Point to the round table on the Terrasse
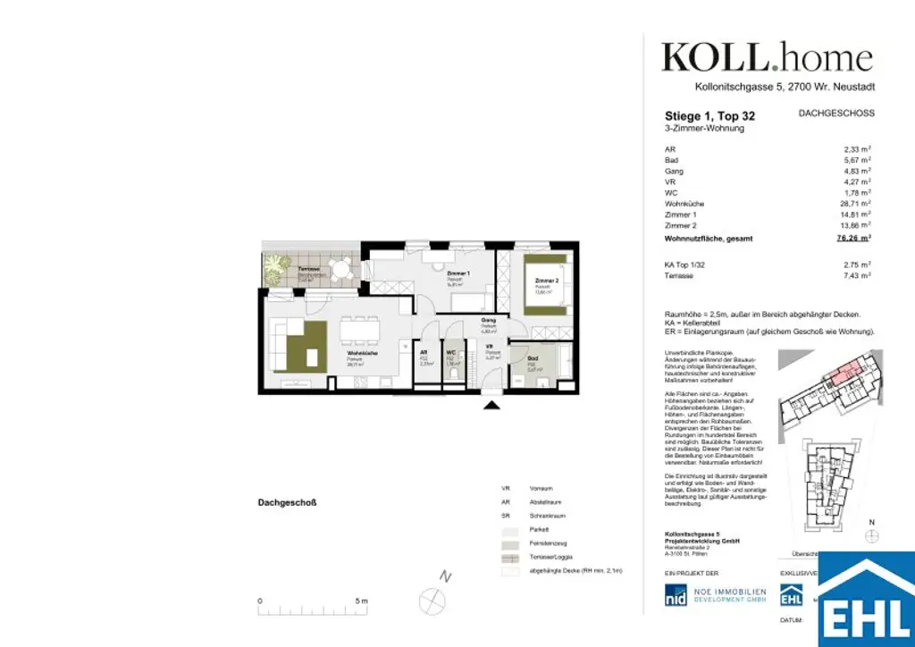click(x=340, y=267)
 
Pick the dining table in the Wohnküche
click(x=357, y=330)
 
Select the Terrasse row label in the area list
click(x=680, y=276)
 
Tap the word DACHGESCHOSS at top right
click(x=835, y=113)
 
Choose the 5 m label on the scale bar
click(x=360, y=601)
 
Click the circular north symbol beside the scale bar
click(x=432, y=599)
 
